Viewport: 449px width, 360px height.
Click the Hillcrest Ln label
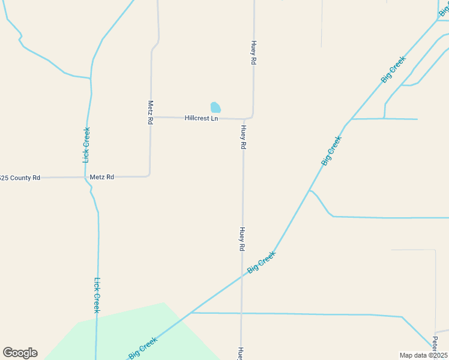(x=201, y=118)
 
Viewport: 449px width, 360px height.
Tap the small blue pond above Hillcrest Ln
(x=215, y=107)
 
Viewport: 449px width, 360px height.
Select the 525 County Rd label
(x=20, y=178)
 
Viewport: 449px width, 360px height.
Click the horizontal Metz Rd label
(x=101, y=177)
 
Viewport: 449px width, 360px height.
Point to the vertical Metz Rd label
(x=150, y=112)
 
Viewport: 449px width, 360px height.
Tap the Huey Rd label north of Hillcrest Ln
(x=254, y=53)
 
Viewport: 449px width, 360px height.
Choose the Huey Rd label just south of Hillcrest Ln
(x=243, y=137)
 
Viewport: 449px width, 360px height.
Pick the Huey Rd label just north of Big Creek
(x=243, y=239)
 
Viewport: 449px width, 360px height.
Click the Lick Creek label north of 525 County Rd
(x=86, y=145)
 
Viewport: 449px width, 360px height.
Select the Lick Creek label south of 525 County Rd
(x=96, y=295)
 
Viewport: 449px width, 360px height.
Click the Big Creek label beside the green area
(x=143, y=349)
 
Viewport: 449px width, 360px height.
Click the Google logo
(x=20, y=353)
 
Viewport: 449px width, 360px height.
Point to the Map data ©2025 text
(x=424, y=355)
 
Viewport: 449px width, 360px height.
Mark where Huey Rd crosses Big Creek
(x=243, y=275)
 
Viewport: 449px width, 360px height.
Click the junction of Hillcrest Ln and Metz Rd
(x=150, y=117)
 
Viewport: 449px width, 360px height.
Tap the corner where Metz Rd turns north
(x=149, y=175)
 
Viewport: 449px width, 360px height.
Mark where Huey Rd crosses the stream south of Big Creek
(x=242, y=313)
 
